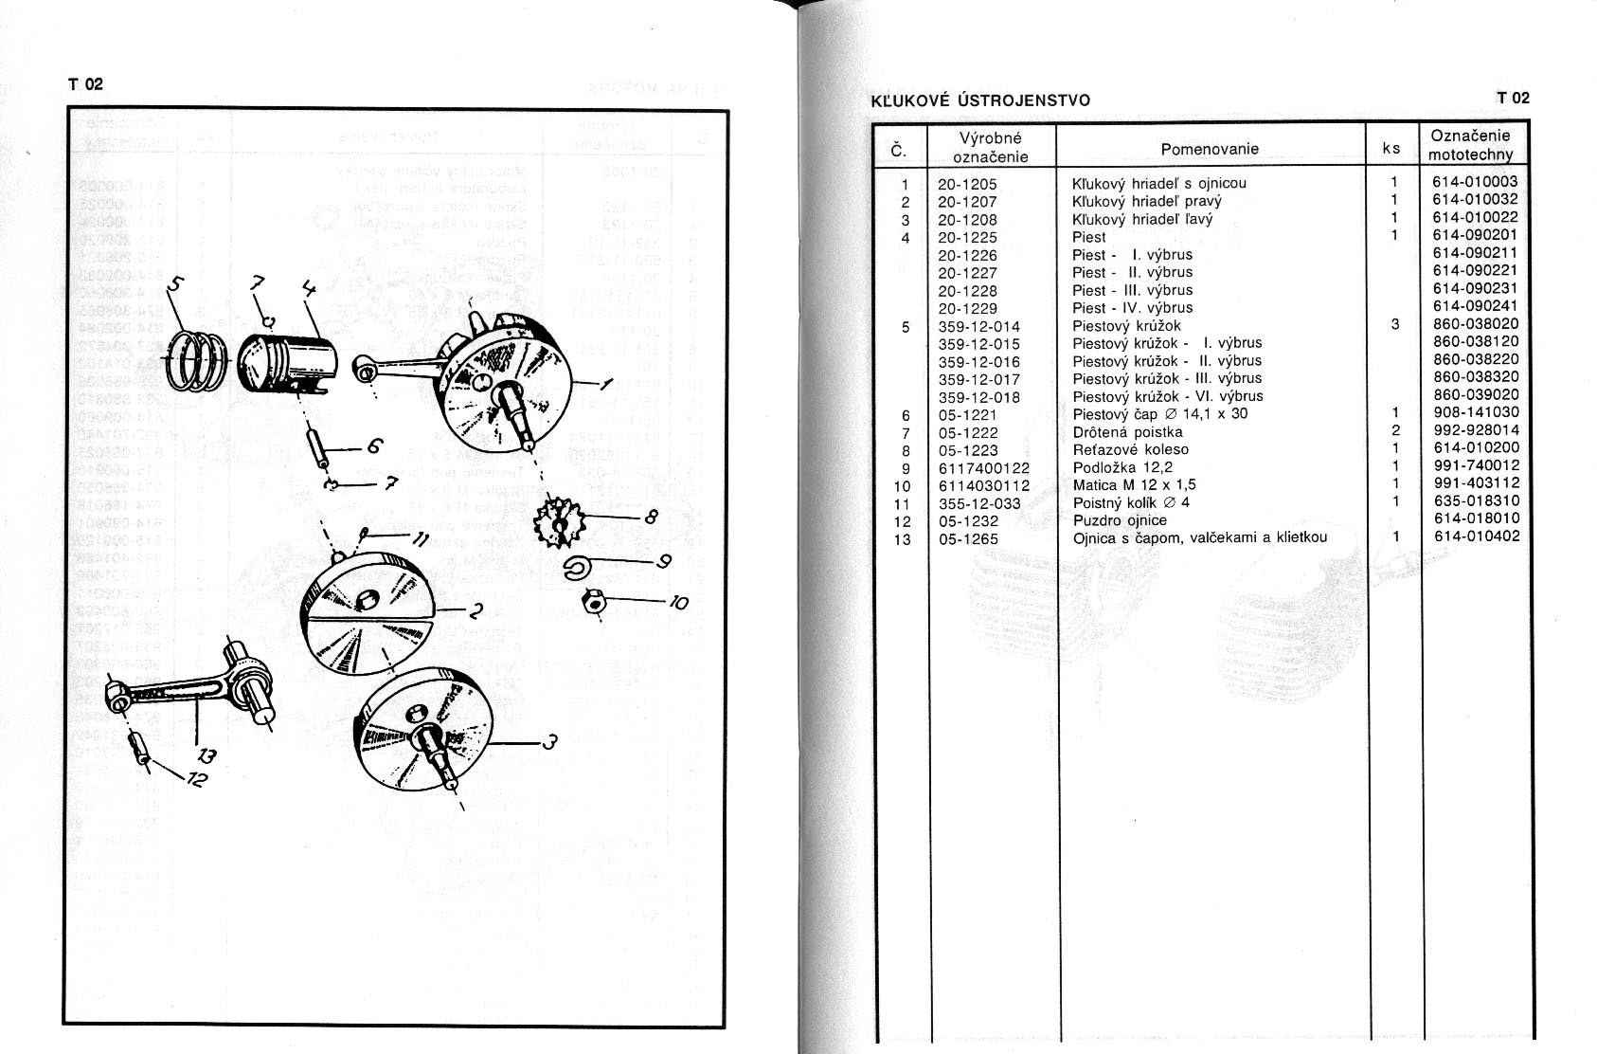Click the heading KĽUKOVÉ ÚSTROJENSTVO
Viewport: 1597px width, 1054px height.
[x=979, y=100]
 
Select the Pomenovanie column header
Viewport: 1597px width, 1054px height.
[x=1210, y=149]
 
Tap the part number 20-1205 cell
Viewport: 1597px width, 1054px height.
[x=967, y=183]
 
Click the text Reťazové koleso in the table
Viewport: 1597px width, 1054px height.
[x=1130, y=449]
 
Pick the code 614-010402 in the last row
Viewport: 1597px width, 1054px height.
[x=1475, y=536]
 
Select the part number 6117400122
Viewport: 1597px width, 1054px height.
[x=983, y=467]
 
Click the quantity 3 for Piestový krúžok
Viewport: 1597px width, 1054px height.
[x=1394, y=324]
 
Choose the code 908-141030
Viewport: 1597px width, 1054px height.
[x=1475, y=413]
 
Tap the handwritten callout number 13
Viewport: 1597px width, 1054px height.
[x=206, y=757]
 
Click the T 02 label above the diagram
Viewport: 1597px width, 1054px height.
[x=84, y=84]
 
